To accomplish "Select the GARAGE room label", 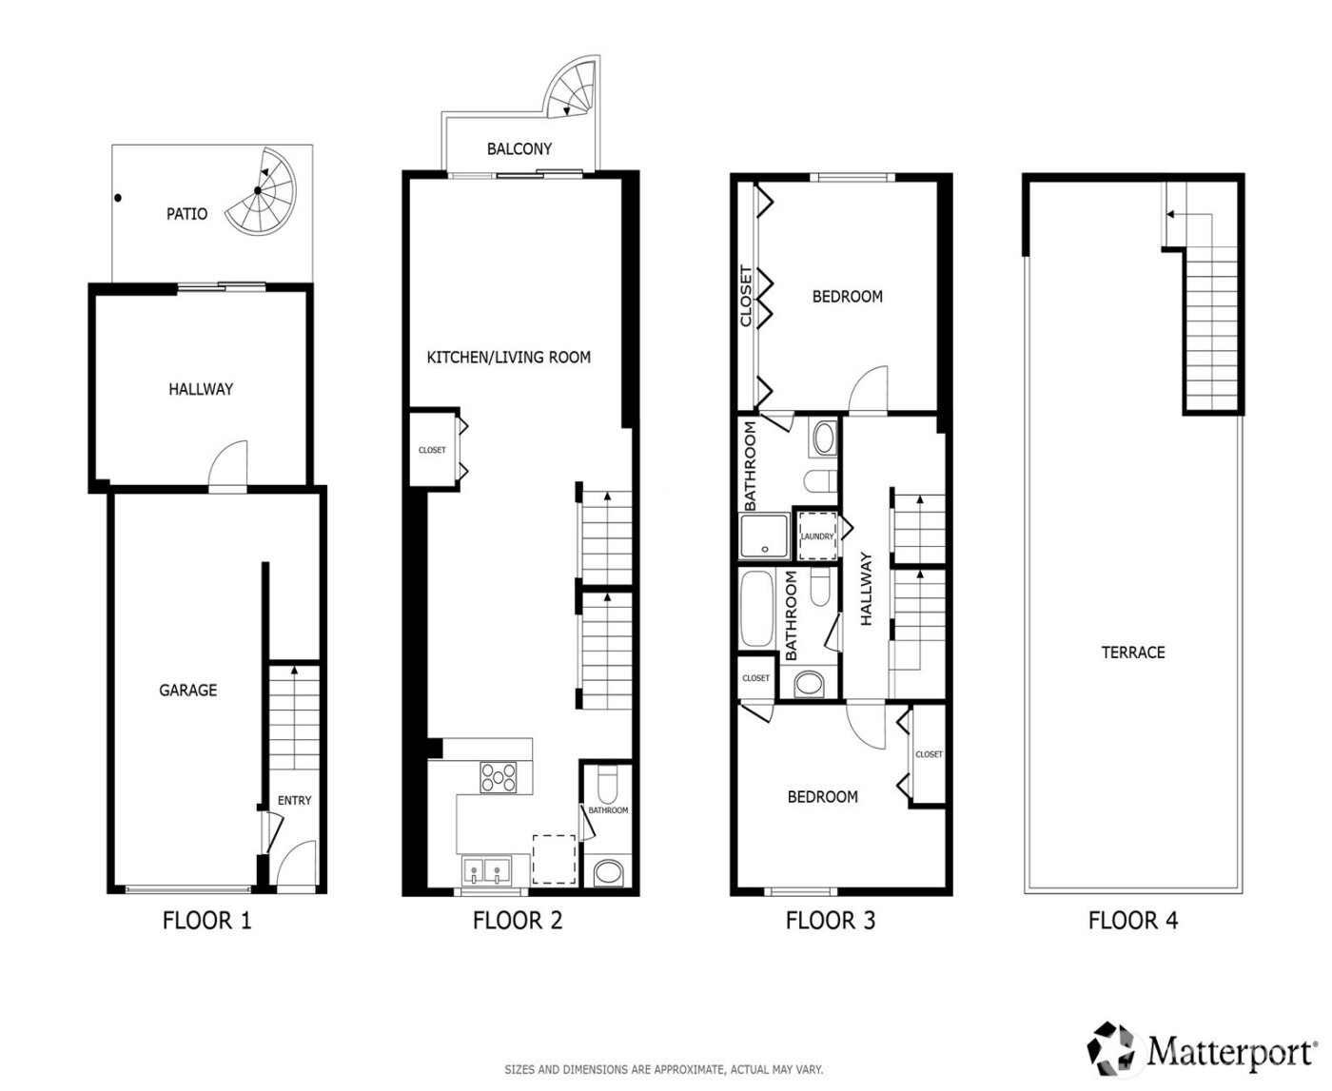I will coord(187,691).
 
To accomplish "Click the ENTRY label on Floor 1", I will coord(294,801).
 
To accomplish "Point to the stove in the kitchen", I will coord(499,777).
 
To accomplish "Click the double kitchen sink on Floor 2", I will coord(486,869).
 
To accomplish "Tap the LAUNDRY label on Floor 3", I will coord(816,536).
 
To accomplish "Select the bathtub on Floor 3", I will coord(757,610).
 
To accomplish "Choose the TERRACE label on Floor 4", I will coord(1132,653).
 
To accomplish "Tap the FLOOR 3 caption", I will coord(830,921).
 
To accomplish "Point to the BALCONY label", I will coord(519,149).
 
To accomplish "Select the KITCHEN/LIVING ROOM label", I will coord(508,358).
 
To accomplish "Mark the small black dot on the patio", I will coord(118,198).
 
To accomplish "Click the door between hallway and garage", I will coord(228,468).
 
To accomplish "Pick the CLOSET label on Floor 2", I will coord(432,450).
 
